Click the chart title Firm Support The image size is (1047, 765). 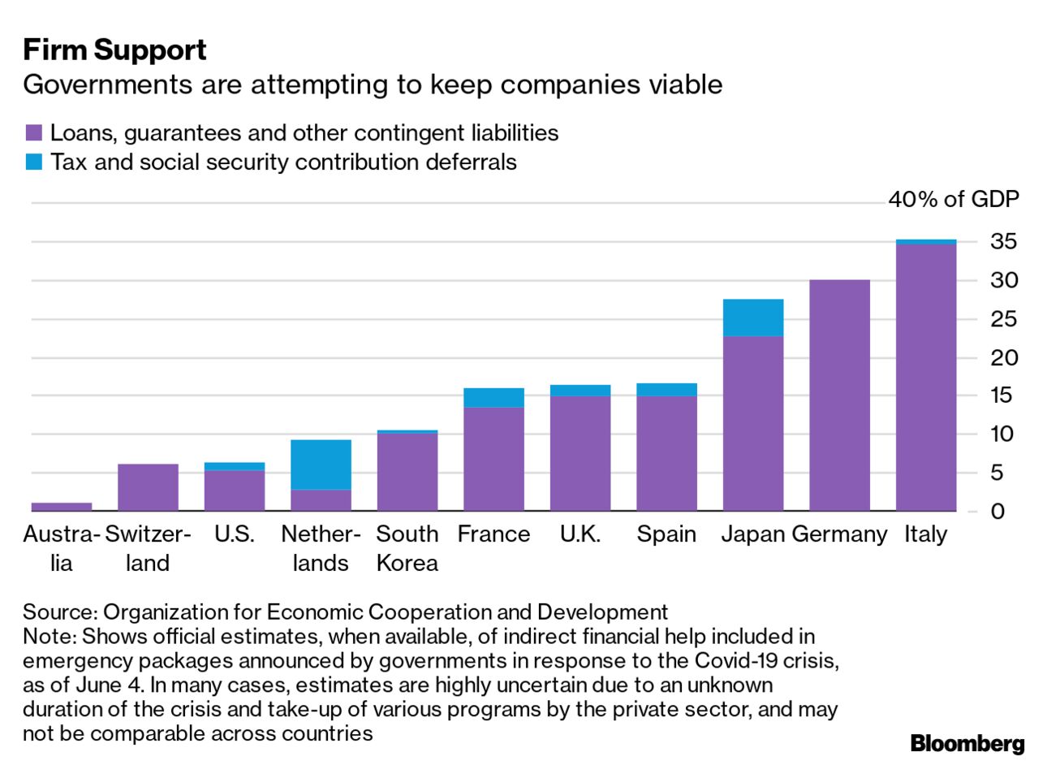(x=114, y=50)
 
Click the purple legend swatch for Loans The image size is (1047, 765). (x=33, y=133)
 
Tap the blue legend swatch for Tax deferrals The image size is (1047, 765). (x=33, y=162)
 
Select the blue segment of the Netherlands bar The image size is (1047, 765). (x=321, y=465)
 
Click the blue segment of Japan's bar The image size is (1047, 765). (x=752, y=318)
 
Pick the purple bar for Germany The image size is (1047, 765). (x=839, y=395)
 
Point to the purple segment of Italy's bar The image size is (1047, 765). (x=926, y=378)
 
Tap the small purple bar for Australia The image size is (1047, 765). (x=62, y=507)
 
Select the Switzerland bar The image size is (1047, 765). (x=148, y=487)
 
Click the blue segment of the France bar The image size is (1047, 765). (x=493, y=398)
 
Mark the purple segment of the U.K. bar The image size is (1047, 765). (x=580, y=453)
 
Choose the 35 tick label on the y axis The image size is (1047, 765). (x=1003, y=241)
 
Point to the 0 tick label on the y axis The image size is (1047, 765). (x=997, y=511)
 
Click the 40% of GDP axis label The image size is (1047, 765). (x=953, y=199)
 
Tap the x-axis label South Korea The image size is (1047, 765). (x=407, y=548)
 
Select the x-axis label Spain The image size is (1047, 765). (x=666, y=534)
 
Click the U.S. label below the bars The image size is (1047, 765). (x=235, y=534)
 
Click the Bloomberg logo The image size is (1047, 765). (x=967, y=743)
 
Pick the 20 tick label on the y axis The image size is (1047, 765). (x=1003, y=357)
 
